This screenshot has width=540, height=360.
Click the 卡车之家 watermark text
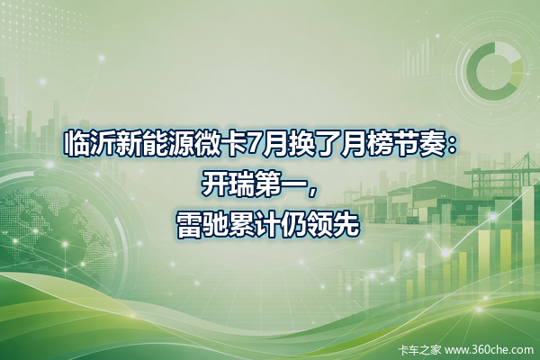click(x=419, y=350)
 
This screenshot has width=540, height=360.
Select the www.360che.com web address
click(x=489, y=350)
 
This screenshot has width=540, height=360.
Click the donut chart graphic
click(x=495, y=71)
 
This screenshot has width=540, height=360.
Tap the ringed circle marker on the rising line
click(x=493, y=217)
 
